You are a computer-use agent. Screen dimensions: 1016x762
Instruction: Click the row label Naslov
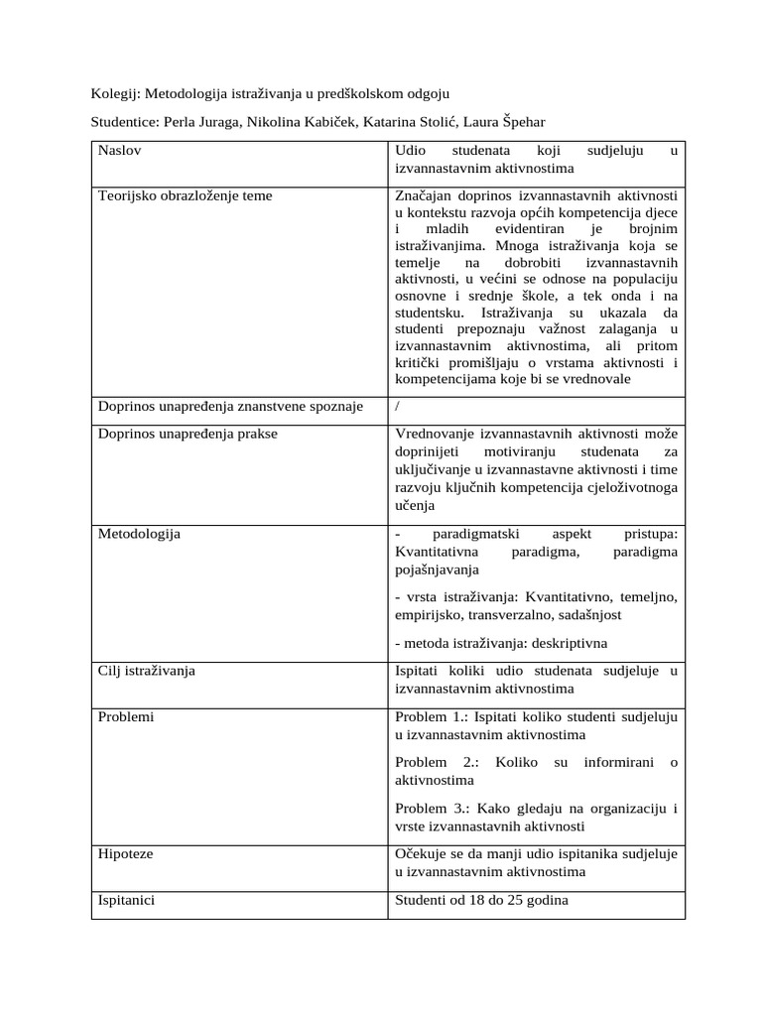click(119, 151)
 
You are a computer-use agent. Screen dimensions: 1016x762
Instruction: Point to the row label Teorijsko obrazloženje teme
click(185, 195)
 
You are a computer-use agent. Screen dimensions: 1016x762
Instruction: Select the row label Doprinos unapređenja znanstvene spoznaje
click(230, 406)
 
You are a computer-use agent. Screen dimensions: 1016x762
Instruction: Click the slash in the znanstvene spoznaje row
click(398, 406)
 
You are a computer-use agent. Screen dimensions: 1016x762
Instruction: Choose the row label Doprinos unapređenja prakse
click(188, 434)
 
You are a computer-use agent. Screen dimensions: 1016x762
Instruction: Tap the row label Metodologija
click(139, 534)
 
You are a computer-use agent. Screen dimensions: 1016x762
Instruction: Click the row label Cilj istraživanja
click(147, 670)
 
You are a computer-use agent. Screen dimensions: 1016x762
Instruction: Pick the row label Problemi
click(126, 715)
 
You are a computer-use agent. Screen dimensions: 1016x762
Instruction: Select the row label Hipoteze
click(125, 852)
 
